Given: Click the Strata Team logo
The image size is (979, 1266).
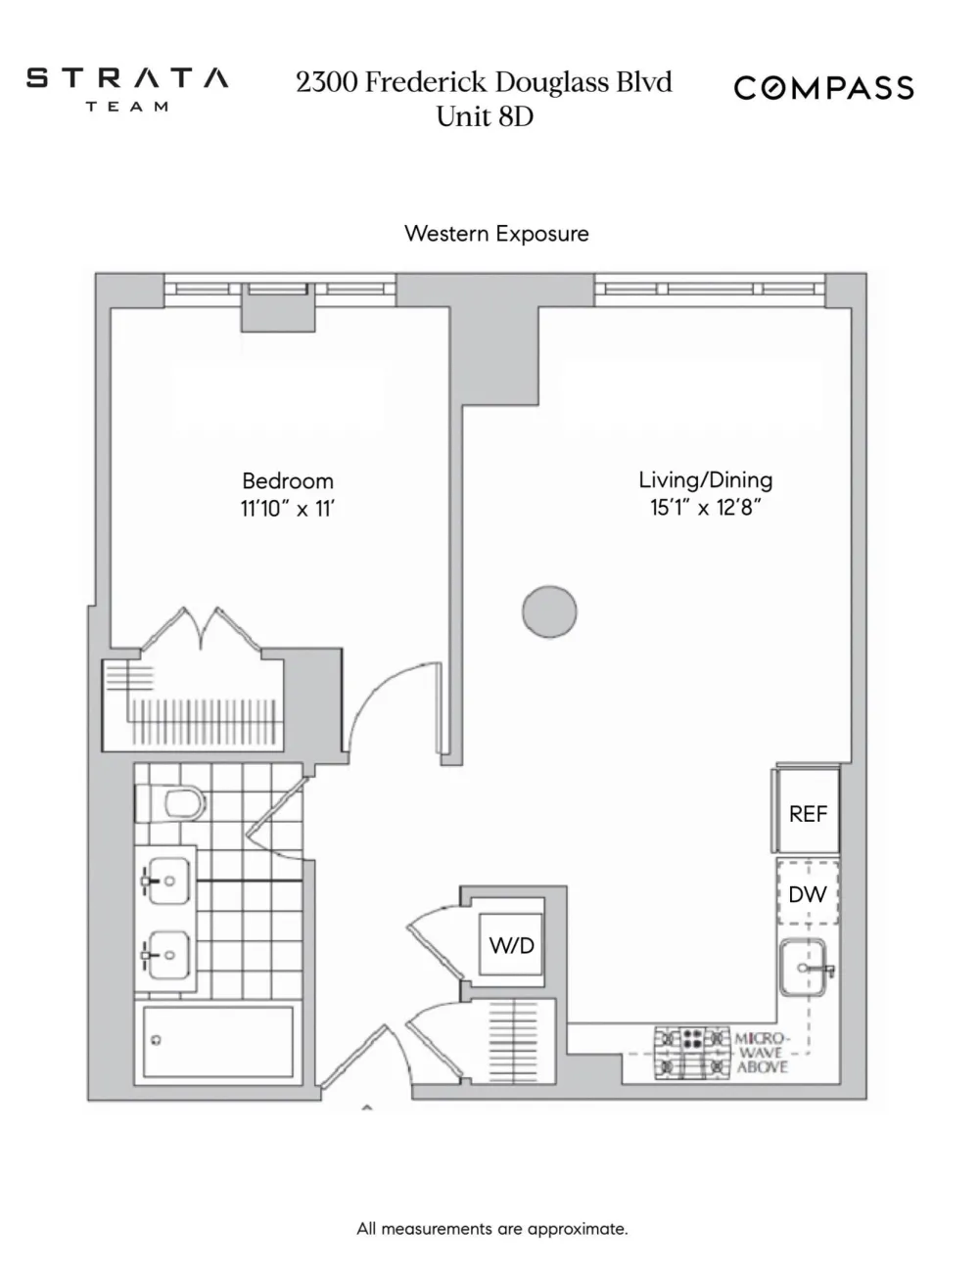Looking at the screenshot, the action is pos(127,89).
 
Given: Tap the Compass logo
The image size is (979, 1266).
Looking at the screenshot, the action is pos(823,88).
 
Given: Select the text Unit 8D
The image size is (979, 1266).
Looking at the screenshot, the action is pos(485,116).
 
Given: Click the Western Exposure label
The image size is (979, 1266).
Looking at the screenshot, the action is pos(496,234).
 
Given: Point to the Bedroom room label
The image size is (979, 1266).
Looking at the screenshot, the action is pos(288,481).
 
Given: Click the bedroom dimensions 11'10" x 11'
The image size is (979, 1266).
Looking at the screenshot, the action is pos(288,509).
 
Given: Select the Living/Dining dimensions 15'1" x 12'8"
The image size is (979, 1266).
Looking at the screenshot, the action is pos(706,508).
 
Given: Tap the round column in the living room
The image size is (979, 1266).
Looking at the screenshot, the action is pos(549,611).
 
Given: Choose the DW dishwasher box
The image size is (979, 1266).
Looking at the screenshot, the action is pos(808,893).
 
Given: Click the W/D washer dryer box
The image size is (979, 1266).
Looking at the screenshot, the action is pos(511,945).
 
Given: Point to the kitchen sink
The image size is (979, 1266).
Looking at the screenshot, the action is pos(806,968).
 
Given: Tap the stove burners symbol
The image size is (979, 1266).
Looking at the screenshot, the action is pos(692,1054).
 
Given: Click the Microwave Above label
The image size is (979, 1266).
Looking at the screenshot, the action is pos(763,1053).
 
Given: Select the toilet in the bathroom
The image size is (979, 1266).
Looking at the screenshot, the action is pos(170,804).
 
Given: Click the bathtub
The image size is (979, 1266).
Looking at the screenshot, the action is pos(218,1042).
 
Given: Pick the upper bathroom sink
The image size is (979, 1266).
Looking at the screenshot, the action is pos(167,881).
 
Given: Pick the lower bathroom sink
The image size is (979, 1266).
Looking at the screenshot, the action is pos(167,956).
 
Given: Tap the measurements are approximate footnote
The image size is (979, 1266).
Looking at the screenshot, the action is pos(492,1229).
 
